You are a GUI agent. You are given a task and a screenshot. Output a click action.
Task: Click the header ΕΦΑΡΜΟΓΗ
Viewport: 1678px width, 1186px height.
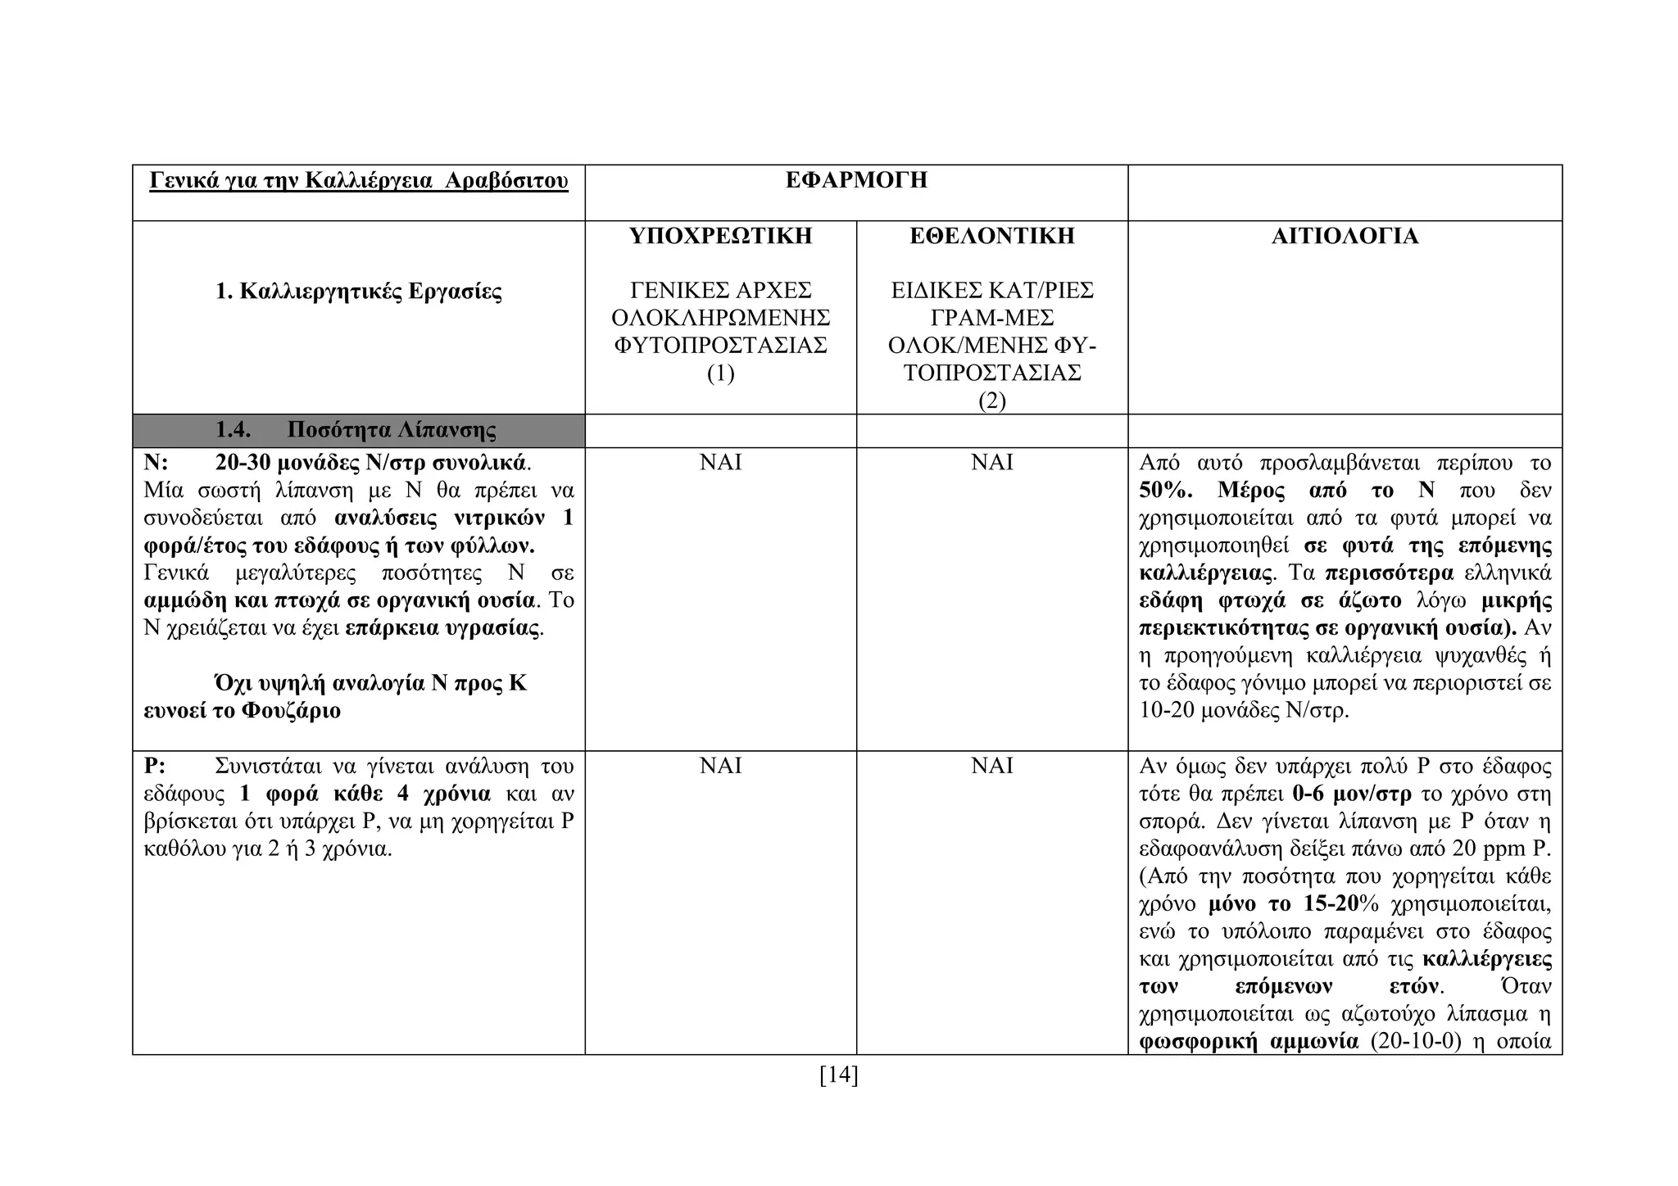(856, 180)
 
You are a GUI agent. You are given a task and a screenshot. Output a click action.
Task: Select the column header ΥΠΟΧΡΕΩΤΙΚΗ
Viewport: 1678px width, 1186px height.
(720, 236)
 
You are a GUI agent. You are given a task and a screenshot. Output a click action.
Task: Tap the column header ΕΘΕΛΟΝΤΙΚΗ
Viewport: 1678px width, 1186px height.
(991, 236)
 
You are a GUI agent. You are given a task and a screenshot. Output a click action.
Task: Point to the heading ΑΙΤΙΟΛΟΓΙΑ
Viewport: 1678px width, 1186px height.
(1345, 236)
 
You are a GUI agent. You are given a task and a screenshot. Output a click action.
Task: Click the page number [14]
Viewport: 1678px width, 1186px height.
(838, 1075)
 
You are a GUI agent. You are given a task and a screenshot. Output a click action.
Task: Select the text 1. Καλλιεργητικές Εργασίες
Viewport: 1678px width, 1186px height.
(359, 292)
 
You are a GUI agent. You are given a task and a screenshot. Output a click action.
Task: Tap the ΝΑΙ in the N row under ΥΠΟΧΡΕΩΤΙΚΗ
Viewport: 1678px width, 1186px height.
(720, 463)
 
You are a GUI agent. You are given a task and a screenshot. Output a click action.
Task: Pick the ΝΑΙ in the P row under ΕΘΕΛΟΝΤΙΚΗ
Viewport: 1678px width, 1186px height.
(991, 766)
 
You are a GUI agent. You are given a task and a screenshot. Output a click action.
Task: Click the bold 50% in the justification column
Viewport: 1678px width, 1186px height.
(1165, 491)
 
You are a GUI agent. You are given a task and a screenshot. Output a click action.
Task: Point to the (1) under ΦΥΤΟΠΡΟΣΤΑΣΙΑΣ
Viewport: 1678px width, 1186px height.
(720, 373)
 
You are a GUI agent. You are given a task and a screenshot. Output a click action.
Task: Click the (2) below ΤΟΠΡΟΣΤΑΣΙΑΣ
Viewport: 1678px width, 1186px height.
(991, 401)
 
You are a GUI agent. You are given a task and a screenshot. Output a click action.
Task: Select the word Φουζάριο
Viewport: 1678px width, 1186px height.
(291, 710)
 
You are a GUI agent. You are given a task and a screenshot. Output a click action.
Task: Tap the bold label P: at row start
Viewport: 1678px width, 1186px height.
(155, 766)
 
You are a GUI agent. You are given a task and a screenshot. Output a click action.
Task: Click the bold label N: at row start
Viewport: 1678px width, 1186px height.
(156, 463)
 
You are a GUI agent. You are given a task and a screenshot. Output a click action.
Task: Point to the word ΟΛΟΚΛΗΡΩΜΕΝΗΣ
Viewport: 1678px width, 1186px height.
(720, 318)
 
